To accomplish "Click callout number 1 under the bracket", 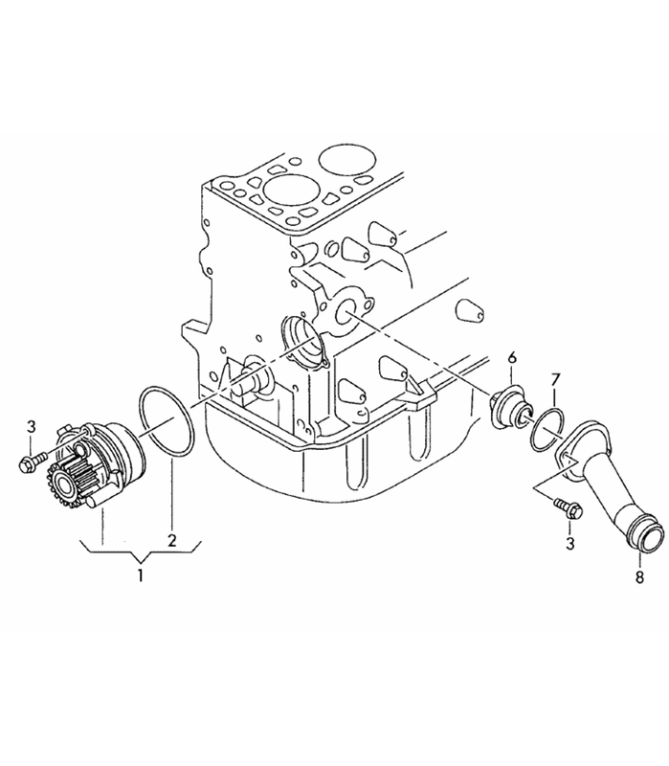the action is click(140, 575).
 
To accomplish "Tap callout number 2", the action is click(171, 541).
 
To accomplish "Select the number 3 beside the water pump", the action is click(32, 426).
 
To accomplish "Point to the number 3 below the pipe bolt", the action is click(570, 544).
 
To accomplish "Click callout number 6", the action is click(512, 357).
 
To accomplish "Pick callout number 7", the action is click(555, 380).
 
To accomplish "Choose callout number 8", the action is click(639, 577).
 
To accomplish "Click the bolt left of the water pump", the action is click(33, 462).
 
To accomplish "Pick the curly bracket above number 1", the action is click(141, 551).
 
